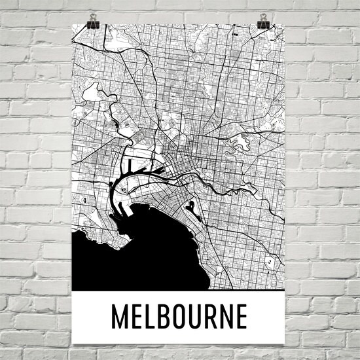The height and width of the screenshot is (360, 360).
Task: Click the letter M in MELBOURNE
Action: tap(122, 317)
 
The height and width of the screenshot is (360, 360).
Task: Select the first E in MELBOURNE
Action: tap(141, 317)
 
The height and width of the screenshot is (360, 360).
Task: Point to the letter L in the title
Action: tap(155, 317)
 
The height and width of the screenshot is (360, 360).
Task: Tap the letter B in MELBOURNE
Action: tap(170, 317)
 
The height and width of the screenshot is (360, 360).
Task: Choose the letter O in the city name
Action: tap(186, 317)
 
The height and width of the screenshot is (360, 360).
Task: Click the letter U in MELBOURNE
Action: tap(202, 317)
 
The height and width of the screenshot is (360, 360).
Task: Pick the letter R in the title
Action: tap(219, 317)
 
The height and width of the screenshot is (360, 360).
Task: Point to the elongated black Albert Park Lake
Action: tap(190, 209)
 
